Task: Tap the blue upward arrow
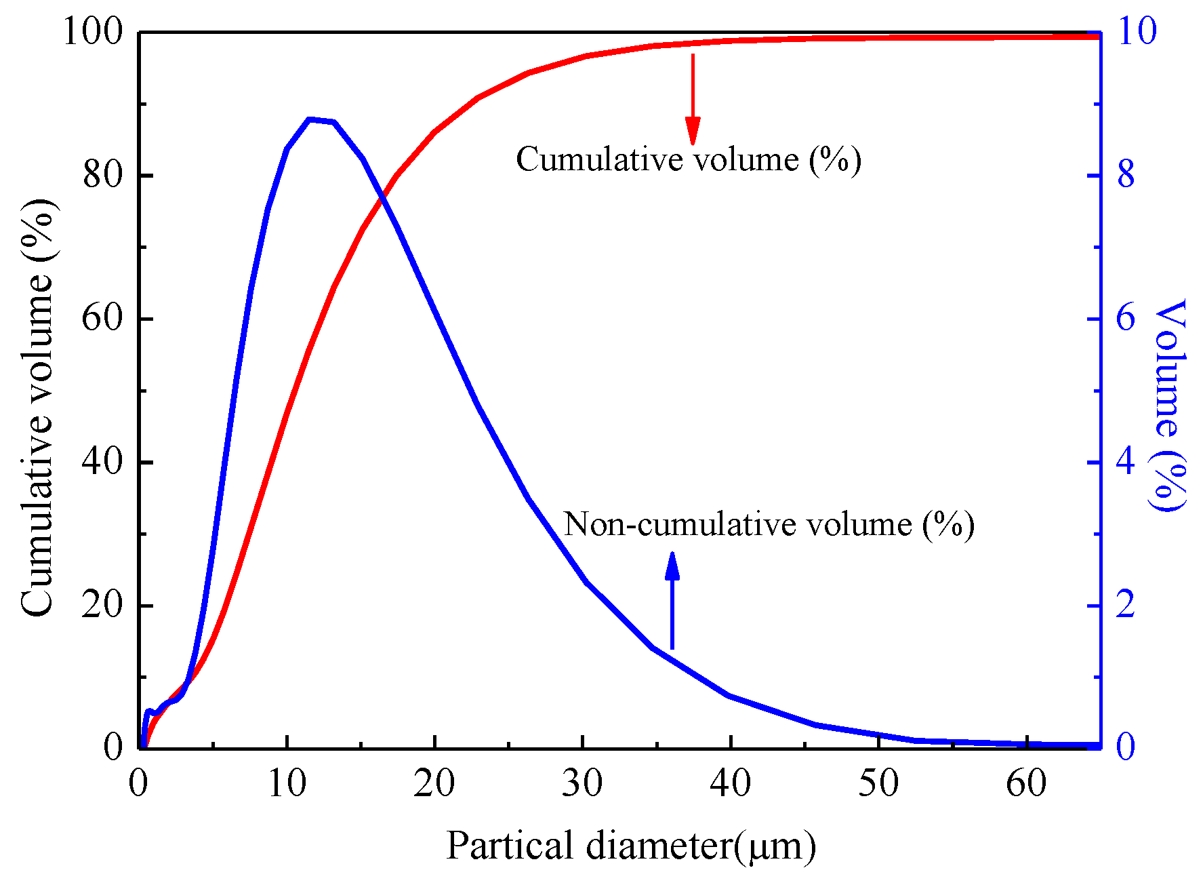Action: click(x=672, y=600)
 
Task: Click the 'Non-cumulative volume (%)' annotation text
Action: click(x=769, y=524)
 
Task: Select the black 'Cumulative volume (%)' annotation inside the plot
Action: click(x=688, y=159)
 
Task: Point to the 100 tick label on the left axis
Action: click(x=93, y=32)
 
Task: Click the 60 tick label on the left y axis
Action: click(x=102, y=319)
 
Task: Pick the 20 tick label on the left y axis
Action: click(x=102, y=606)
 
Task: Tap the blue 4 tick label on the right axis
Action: click(x=1125, y=463)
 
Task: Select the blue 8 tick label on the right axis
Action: click(x=1125, y=176)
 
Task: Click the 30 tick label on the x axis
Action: click(x=582, y=785)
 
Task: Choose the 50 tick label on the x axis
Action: click(x=878, y=785)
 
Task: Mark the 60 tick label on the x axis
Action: click(x=1026, y=785)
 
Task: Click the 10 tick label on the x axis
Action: click(x=287, y=785)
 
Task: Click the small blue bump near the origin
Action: click(x=150, y=711)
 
